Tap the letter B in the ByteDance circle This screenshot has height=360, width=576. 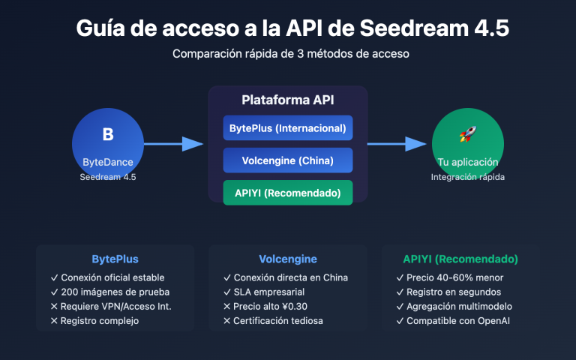tap(107, 135)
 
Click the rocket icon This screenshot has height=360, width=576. tap(467, 135)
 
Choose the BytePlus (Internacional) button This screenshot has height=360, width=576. tap(288, 128)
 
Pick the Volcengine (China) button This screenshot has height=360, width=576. tap(288, 160)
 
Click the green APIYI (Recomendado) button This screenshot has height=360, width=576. tap(288, 192)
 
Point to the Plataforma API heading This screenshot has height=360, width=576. tap(288, 100)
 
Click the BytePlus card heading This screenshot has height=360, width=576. tap(115, 259)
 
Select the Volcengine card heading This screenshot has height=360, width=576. tap(288, 259)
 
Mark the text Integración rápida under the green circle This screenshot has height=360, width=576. tap(467, 178)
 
